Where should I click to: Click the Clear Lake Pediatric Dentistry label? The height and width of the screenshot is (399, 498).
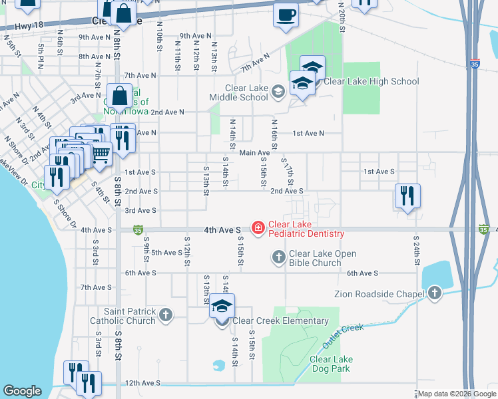pos(306,229)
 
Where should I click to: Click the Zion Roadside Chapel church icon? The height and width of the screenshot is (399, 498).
pos(435,292)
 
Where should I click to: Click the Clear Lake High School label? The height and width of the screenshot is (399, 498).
pos(371,82)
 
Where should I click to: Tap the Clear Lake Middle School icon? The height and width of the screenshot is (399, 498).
pos(278,94)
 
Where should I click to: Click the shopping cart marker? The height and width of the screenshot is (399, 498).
pos(100,154)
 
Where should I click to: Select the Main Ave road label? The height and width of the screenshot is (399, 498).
pos(254,153)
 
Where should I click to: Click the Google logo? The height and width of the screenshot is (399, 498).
pos(23,391)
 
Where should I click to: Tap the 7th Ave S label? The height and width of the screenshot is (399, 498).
pos(95,287)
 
